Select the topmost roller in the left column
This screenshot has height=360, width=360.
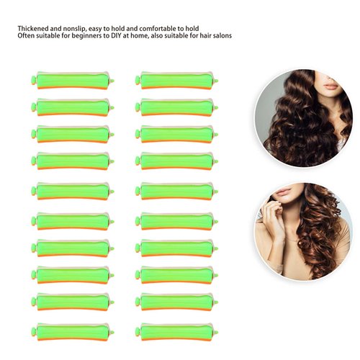point(72,80)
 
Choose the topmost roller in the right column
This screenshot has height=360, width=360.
point(176,80)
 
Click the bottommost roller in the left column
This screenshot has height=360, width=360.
point(72,332)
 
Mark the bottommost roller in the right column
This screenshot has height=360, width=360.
point(176,332)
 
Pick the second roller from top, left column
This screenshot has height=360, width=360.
point(72,107)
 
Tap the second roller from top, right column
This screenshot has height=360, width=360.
point(176,107)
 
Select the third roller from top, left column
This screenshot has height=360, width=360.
point(72,134)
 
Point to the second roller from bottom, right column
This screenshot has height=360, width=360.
point(176,302)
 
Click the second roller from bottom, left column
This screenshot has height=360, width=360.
point(72,302)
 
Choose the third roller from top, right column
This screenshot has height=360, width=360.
point(176,134)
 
